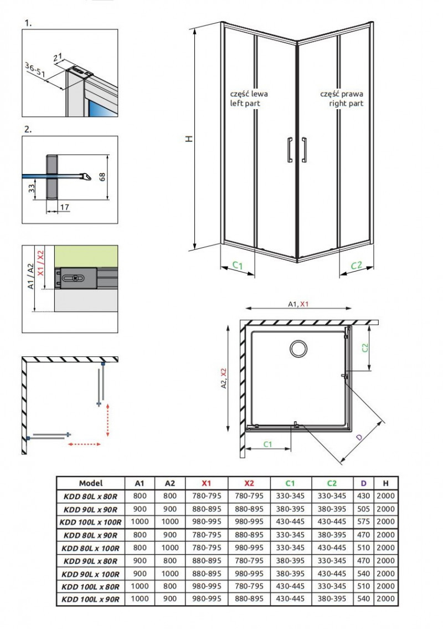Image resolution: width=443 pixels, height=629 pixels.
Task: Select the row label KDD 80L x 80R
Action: [x=91, y=496]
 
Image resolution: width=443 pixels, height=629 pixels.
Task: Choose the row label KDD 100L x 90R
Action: [x=91, y=599]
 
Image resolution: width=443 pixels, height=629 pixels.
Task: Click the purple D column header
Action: [x=364, y=483]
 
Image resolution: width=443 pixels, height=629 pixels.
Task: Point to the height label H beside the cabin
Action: [x=189, y=139]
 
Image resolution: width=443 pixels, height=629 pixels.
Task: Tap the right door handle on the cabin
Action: [x=304, y=150]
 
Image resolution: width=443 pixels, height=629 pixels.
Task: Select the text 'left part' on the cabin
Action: [x=245, y=103]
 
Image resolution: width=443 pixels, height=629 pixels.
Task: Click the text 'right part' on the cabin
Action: [x=346, y=103]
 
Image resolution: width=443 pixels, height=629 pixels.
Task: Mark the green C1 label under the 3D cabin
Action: [x=237, y=265]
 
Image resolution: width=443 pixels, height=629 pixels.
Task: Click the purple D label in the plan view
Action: [x=359, y=438]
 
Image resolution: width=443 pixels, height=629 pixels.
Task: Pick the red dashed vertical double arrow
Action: [x=107, y=420]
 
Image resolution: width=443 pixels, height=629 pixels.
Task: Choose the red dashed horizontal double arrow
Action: [x=84, y=444]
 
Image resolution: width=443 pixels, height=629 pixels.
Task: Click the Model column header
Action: [x=91, y=483]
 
